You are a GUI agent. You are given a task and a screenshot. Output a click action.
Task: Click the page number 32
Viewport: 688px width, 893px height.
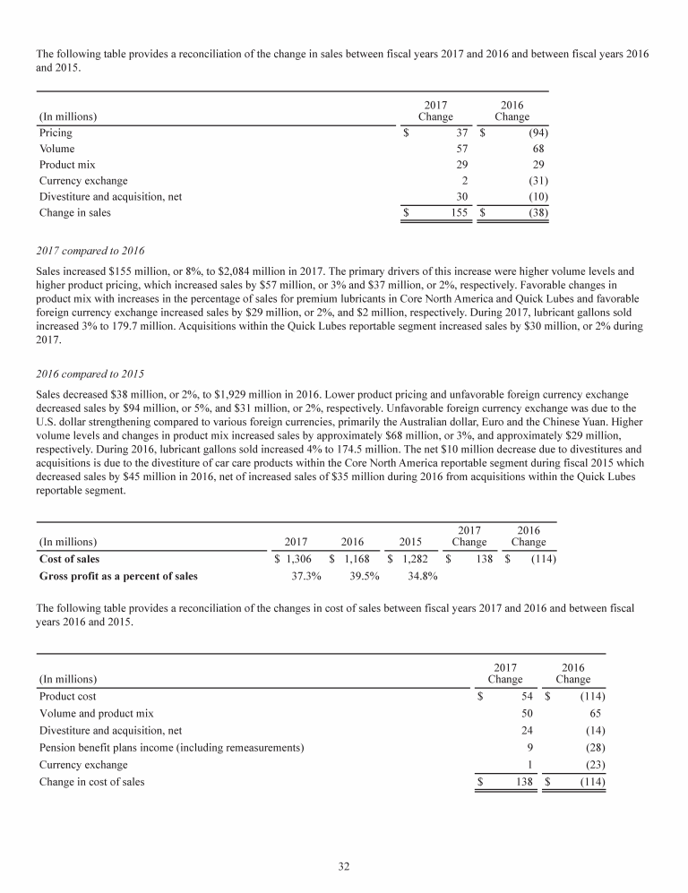pyautogui.click(x=344, y=865)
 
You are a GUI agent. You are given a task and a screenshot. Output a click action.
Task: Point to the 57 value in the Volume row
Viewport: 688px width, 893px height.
pyautogui.click(x=463, y=149)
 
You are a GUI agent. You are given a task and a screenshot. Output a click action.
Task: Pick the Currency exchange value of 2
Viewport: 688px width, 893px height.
pyautogui.click(x=466, y=181)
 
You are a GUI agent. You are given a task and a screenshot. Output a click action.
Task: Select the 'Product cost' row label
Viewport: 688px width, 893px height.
pyautogui.click(x=68, y=696)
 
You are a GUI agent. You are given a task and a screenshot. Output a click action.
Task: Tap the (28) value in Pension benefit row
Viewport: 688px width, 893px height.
pyautogui.click(x=593, y=747)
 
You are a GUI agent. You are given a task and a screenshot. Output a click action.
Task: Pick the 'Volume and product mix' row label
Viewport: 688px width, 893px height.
pyautogui.click(x=97, y=713)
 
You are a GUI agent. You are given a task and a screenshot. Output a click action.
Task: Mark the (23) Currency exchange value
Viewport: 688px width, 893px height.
pyautogui.click(x=593, y=765)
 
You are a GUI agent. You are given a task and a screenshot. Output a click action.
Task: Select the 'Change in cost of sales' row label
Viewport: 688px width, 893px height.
pyautogui.click(x=92, y=782)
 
